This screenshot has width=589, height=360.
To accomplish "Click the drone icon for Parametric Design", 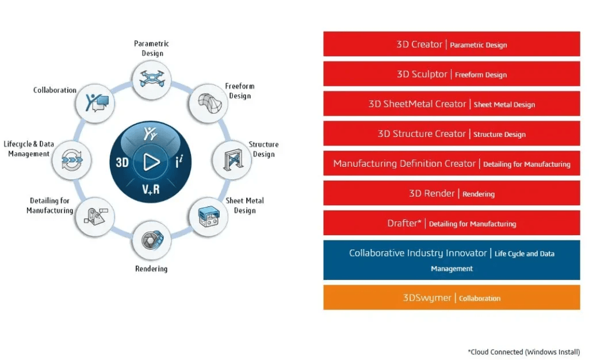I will pyautogui.click(x=151, y=79).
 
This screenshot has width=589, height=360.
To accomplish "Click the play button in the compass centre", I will pyautogui.click(x=151, y=162).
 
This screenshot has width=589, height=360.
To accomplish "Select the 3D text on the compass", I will pyautogui.click(x=122, y=163).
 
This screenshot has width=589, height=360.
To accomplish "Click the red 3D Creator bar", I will pyautogui.click(x=452, y=44).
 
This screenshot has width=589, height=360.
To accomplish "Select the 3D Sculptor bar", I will pyautogui.click(x=452, y=74).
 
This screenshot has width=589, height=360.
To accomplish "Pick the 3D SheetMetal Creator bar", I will pyautogui.click(x=452, y=104).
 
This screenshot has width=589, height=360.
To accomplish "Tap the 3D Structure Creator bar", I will pyautogui.click(x=452, y=133).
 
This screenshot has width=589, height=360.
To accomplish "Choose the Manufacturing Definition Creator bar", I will pyautogui.click(x=452, y=164).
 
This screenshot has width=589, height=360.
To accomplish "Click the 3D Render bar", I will pyautogui.click(x=452, y=193).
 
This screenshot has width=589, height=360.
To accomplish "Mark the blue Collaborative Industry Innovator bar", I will pyautogui.click(x=452, y=260).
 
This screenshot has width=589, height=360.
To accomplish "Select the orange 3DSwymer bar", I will pyautogui.click(x=452, y=298).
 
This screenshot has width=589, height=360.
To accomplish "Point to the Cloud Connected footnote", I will pyautogui.click(x=523, y=352).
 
